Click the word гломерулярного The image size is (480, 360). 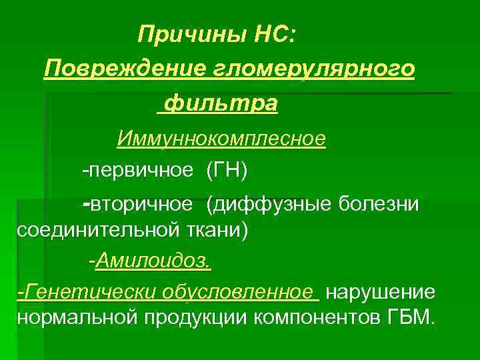315,69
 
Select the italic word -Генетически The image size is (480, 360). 74,291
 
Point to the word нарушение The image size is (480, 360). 381,291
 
